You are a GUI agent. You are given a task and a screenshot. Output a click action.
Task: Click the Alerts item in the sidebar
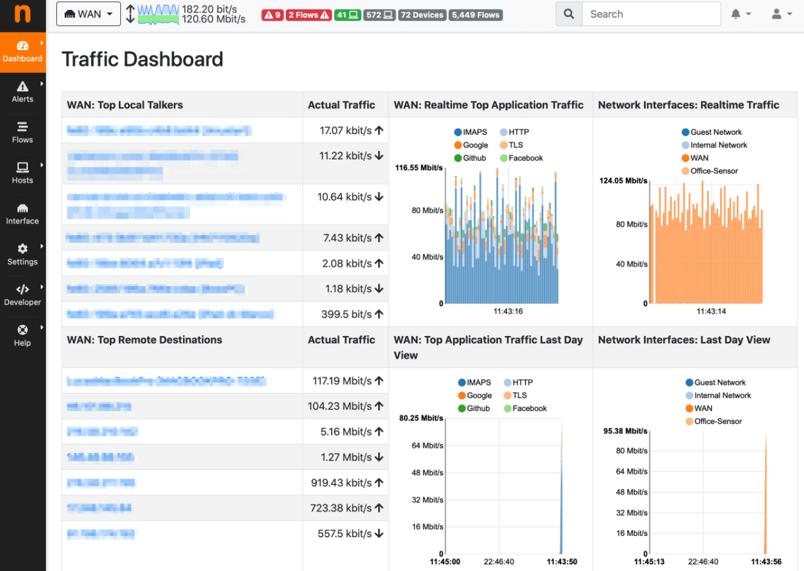[22, 92]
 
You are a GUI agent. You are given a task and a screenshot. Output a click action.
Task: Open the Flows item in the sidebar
[22, 132]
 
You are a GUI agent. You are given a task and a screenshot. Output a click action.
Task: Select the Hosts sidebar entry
[22, 173]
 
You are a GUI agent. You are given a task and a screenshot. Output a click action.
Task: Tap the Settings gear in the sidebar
[22, 254]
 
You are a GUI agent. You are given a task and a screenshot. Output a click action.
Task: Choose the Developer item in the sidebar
[22, 295]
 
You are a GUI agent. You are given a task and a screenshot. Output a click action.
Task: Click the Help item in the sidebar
[22, 335]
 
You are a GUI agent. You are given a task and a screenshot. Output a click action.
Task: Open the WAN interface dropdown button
[88, 14]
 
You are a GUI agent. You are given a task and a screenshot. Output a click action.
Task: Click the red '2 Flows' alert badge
[309, 15]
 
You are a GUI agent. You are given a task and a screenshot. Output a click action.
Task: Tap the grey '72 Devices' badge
[422, 15]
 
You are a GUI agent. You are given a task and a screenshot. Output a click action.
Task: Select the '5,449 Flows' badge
[475, 15]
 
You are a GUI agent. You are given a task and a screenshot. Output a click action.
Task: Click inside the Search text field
[651, 14]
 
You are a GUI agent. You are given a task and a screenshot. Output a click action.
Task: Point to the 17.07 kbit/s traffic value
[346, 131]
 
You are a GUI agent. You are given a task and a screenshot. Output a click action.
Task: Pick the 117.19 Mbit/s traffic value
[342, 381]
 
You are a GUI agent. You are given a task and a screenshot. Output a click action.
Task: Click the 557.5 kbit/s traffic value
[344, 534]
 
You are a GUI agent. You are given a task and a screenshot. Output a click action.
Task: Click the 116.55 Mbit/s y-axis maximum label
[419, 168]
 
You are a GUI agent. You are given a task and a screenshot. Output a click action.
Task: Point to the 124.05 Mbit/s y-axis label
[623, 181]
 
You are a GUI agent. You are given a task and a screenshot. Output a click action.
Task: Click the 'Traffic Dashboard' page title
[143, 59]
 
